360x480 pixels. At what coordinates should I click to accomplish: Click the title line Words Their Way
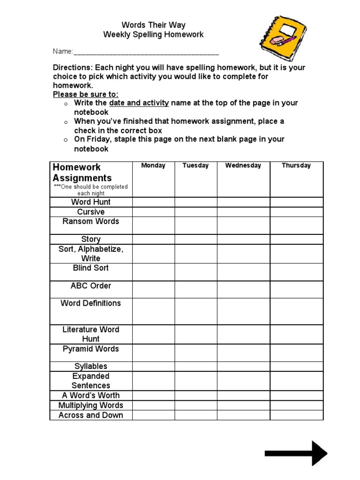[153, 25]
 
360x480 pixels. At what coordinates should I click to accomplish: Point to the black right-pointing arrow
[295, 453]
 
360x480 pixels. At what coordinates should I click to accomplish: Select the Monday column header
[153, 165]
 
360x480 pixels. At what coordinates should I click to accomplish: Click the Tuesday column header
[195, 165]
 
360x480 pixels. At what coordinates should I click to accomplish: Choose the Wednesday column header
[243, 165]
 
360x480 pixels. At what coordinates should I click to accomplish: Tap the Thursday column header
[296, 165]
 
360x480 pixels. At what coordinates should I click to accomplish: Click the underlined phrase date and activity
[139, 103]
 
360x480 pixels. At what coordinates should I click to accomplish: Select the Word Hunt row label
[91, 202]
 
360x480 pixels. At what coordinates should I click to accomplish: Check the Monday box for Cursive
[153, 212]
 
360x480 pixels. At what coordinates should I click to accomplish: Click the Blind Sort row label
[91, 268]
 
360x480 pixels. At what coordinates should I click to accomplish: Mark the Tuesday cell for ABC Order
[195, 289]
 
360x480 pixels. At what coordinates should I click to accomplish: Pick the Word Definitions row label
[91, 303]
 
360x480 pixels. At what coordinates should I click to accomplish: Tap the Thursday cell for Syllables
[296, 366]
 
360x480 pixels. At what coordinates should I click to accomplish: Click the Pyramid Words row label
[91, 349]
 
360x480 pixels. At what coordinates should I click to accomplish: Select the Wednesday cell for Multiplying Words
[243, 405]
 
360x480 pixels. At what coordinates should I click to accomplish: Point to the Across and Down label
[91, 415]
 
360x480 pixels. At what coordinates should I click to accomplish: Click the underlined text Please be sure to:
[85, 94]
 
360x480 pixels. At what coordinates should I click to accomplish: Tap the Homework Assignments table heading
[82, 172]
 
